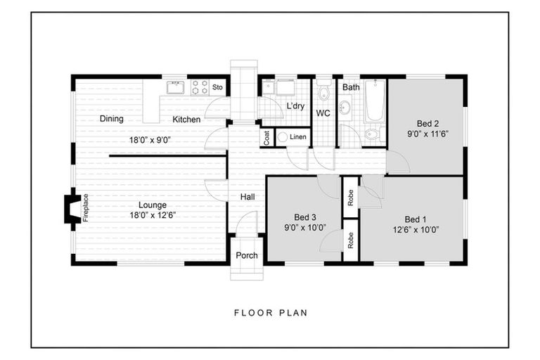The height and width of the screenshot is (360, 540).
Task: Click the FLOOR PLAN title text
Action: [x=270, y=313]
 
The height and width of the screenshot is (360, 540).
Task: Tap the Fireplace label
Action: [x=86, y=208]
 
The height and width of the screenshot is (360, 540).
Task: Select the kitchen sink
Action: [x=175, y=88]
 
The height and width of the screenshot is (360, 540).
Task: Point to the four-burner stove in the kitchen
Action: [x=200, y=88]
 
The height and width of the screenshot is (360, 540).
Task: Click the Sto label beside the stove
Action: [x=218, y=88]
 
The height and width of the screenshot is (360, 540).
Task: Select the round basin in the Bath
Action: [x=345, y=108]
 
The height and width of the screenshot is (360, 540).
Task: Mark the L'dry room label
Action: [x=295, y=107]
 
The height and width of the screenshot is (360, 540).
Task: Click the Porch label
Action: [x=246, y=255]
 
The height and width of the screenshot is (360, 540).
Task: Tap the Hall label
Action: [x=247, y=198]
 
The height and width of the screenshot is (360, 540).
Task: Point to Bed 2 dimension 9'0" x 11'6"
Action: [x=427, y=133]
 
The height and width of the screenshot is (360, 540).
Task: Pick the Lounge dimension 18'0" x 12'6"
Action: [x=152, y=215]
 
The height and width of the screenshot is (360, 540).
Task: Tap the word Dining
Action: [x=112, y=119]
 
